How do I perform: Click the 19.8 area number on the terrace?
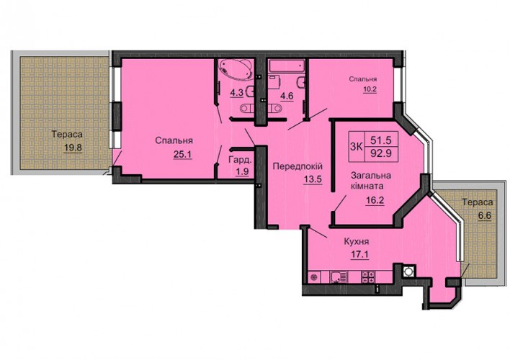tap(73, 148)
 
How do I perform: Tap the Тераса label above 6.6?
tap(478, 202)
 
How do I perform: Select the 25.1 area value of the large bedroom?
tap(183, 155)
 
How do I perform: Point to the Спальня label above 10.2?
tap(363, 79)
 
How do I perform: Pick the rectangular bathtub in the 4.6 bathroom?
tap(286, 67)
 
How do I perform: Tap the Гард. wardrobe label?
tap(240, 160)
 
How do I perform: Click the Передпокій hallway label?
tap(297, 166)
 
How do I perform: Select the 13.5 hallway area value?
tap(313, 180)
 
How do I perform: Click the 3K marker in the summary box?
tap(356, 147)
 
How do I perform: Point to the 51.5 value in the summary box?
tap(381, 140)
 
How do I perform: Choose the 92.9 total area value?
tap(381, 153)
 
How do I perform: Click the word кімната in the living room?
tap(367, 186)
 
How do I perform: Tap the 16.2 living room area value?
tap(375, 200)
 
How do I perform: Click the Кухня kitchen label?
tap(357, 242)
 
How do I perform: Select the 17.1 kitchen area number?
tap(359, 255)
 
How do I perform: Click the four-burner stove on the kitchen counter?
tap(369, 276)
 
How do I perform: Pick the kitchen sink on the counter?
tap(339, 277)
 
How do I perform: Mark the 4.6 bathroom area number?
tap(287, 96)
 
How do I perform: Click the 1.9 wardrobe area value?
tap(242, 171)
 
